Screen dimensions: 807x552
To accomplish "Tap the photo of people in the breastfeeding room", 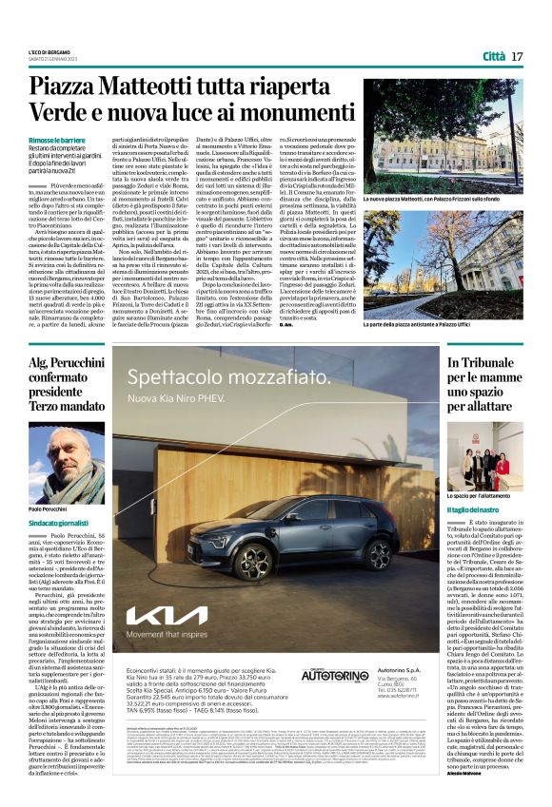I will click(x=485, y=457).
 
